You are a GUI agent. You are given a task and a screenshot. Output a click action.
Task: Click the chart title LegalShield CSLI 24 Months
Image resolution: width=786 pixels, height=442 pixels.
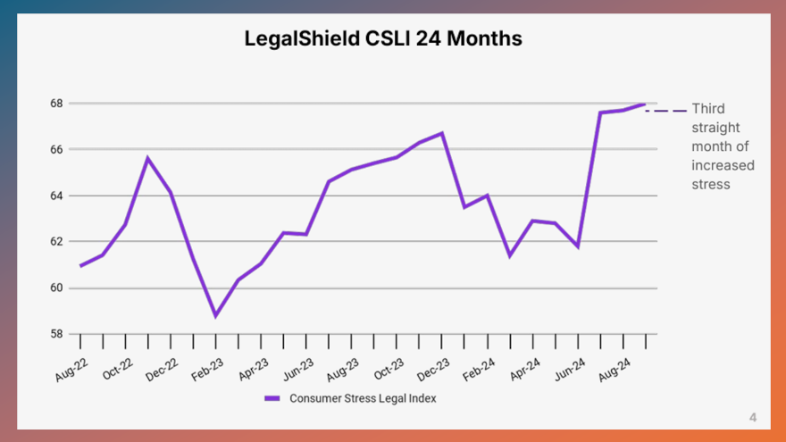tap(383, 39)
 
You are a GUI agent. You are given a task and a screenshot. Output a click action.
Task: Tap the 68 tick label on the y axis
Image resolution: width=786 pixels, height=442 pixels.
tap(55, 104)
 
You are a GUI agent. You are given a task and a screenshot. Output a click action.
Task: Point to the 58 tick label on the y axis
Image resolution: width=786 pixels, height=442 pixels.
tap(55, 334)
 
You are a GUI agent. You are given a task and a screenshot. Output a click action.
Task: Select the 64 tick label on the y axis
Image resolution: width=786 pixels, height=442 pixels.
tap(55, 196)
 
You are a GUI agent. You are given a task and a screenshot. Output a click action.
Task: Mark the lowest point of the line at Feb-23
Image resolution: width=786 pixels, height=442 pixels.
tap(215, 315)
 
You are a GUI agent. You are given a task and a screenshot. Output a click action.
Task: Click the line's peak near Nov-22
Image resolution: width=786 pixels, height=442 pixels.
tap(147, 158)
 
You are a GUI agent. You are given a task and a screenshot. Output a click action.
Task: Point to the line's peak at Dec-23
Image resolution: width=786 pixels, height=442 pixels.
tap(442, 133)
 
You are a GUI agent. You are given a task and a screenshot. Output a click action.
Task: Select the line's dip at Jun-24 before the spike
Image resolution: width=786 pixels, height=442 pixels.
tap(578, 246)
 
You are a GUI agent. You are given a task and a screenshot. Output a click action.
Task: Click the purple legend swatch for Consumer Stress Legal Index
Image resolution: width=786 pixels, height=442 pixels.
tap(272, 398)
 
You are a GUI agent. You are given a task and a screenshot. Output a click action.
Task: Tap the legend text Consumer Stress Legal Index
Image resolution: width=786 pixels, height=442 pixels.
tap(363, 398)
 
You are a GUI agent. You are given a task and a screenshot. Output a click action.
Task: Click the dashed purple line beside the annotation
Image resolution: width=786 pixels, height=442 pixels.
tap(666, 111)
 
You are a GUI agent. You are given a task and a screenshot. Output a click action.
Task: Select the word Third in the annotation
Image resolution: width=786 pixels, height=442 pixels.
tap(708, 109)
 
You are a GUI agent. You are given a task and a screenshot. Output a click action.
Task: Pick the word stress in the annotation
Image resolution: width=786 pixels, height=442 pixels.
tap(711, 185)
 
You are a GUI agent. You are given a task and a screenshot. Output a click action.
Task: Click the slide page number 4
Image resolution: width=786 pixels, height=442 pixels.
tap(753, 417)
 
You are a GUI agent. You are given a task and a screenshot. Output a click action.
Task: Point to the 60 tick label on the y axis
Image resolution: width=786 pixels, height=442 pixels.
tap(55, 288)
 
